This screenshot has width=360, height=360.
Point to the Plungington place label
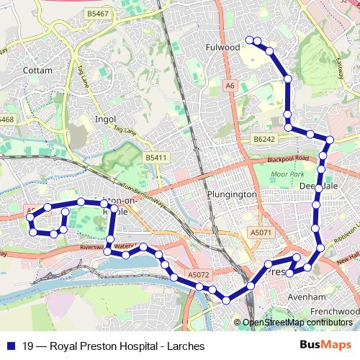pyautogui.click(x=231, y=194)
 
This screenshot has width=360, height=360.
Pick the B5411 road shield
pyautogui.click(x=155, y=157)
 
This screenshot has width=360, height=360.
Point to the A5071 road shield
pyautogui.click(x=261, y=233)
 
